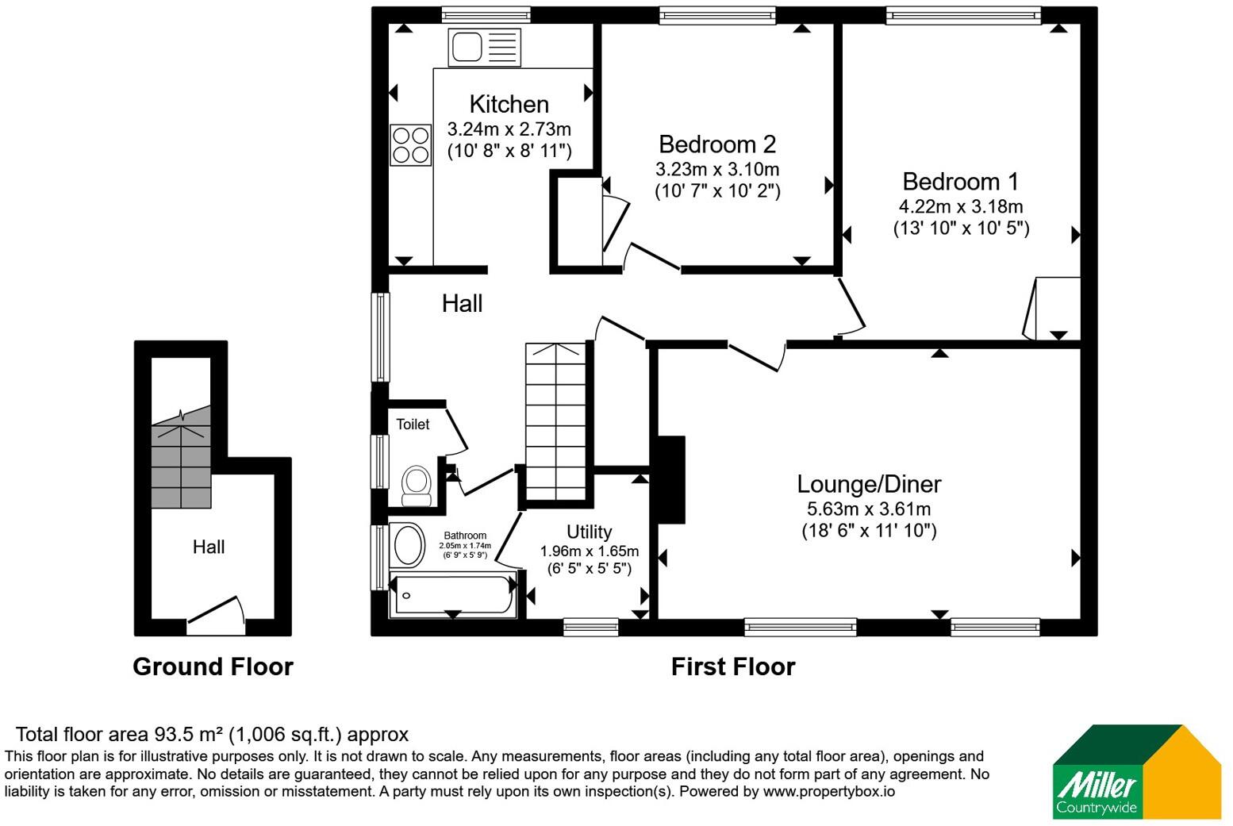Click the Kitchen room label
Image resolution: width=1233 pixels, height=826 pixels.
(x=509, y=104)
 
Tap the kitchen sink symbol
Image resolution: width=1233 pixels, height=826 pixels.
(x=484, y=48)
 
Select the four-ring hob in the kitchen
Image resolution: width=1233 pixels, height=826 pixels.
(x=411, y=145)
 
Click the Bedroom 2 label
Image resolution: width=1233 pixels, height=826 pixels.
(x=717, y=144)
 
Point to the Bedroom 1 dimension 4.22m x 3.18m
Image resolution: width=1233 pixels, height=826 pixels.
(x=961, y=207)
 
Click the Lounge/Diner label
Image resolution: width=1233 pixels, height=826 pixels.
(x=869, y=484)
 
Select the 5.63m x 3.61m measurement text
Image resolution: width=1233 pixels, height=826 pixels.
(x=869, y=509)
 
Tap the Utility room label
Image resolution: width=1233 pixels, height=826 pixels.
(x=590, y=532)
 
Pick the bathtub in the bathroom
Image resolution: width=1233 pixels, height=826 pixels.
(x=453, y=595)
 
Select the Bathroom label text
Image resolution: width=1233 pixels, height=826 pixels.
(x=465, y=536)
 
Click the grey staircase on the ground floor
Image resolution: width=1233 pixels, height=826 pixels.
(x=181, y=457)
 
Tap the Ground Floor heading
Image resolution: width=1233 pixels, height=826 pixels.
(x=213, y=667)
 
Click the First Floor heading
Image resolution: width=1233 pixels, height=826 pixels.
(x=733, y=667)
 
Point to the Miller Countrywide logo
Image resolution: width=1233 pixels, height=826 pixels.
(x=1137, y=771)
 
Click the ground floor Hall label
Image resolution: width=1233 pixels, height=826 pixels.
(x=209, y=547)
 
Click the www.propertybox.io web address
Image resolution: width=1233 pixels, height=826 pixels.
(x=829, y=792)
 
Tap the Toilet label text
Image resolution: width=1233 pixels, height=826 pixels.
(x=413, y=425)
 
